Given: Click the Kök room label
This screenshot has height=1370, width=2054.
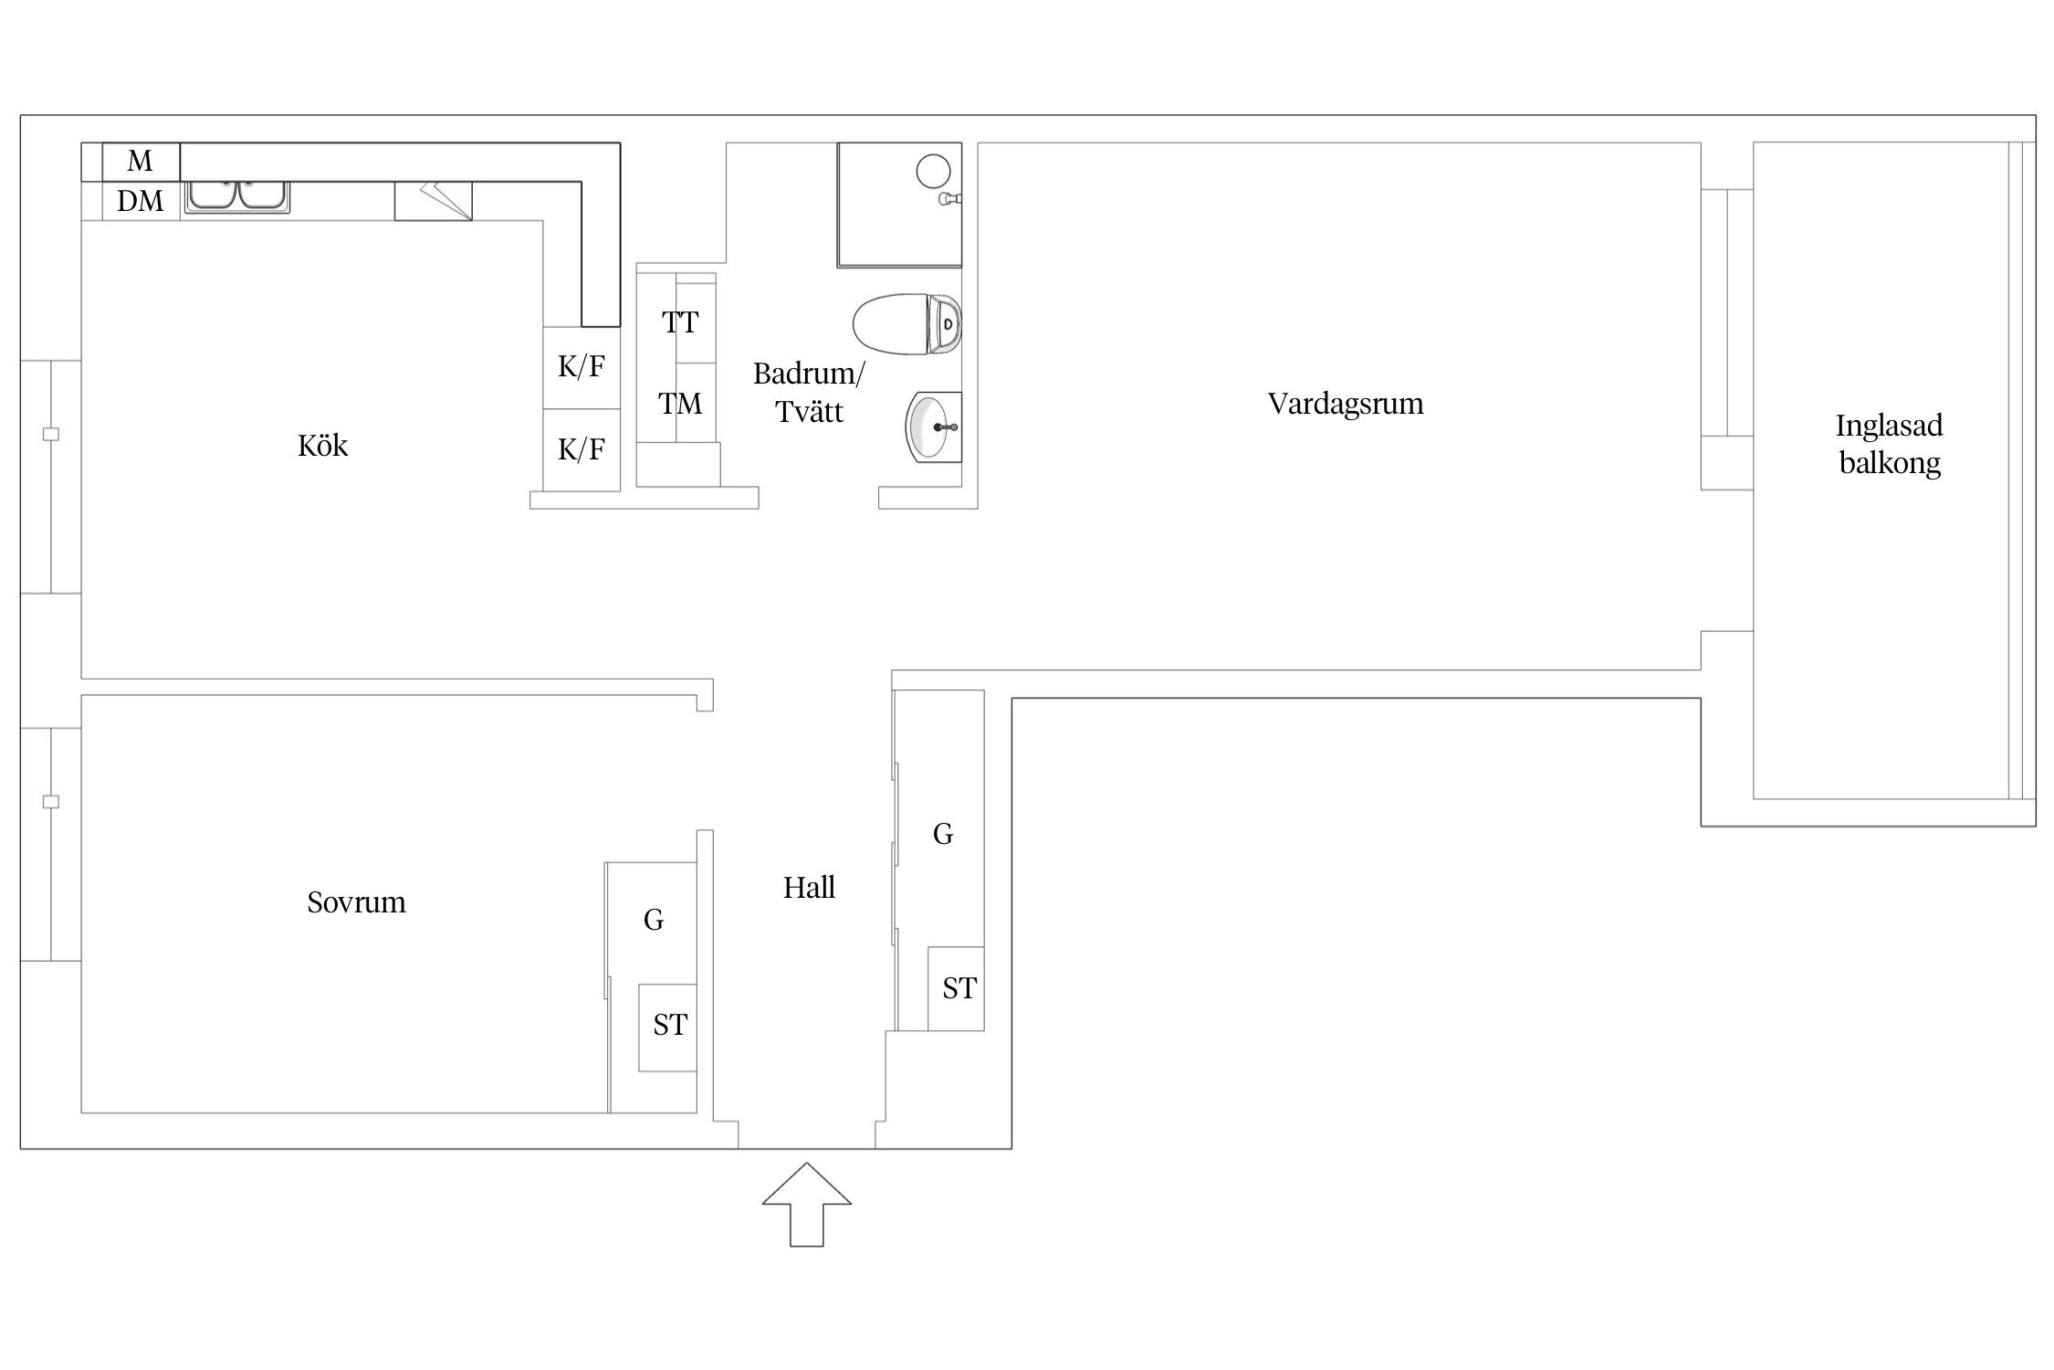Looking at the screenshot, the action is [x=322, y=446].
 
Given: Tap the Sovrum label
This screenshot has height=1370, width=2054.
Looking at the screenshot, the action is [x=356, y=902].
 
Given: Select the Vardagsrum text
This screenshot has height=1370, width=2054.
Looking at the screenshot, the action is [x=1346, y=405].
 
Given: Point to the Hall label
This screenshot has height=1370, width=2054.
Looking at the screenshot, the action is [x=809, y=888].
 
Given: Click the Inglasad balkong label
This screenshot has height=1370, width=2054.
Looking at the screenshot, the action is [x=1889, y=445].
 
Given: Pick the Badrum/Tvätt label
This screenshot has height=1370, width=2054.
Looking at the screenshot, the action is [x=809, y=393].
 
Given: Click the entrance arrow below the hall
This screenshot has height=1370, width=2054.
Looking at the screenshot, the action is [x=807, y=1204].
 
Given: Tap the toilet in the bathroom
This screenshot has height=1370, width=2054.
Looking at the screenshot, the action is [x=907, y=324].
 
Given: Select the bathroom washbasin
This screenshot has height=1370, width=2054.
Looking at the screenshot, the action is [x=933, y=427].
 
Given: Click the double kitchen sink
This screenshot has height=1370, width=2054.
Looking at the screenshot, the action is [x=237, y=197].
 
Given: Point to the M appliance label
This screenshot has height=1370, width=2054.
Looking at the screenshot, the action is [x=140, y=162].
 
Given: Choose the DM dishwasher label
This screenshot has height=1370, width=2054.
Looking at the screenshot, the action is [x=140, y=201].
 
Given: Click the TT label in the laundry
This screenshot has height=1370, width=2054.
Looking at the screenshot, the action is [x=680, y=322].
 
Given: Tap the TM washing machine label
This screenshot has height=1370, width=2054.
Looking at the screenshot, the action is [x=680, y=404].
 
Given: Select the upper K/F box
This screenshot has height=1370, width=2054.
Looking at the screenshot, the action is [x=582, y=367].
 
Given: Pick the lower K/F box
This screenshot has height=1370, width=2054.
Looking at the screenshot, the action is [x=582, y=449].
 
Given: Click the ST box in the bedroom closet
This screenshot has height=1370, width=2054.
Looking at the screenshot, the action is [x=667, y=1027].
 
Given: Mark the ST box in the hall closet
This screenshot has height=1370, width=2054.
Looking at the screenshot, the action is [x=956, y=989].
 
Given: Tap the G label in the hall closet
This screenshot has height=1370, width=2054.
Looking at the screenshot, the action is [x=943, y=834].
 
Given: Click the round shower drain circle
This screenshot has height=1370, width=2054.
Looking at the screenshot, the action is [x=933, y=171].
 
